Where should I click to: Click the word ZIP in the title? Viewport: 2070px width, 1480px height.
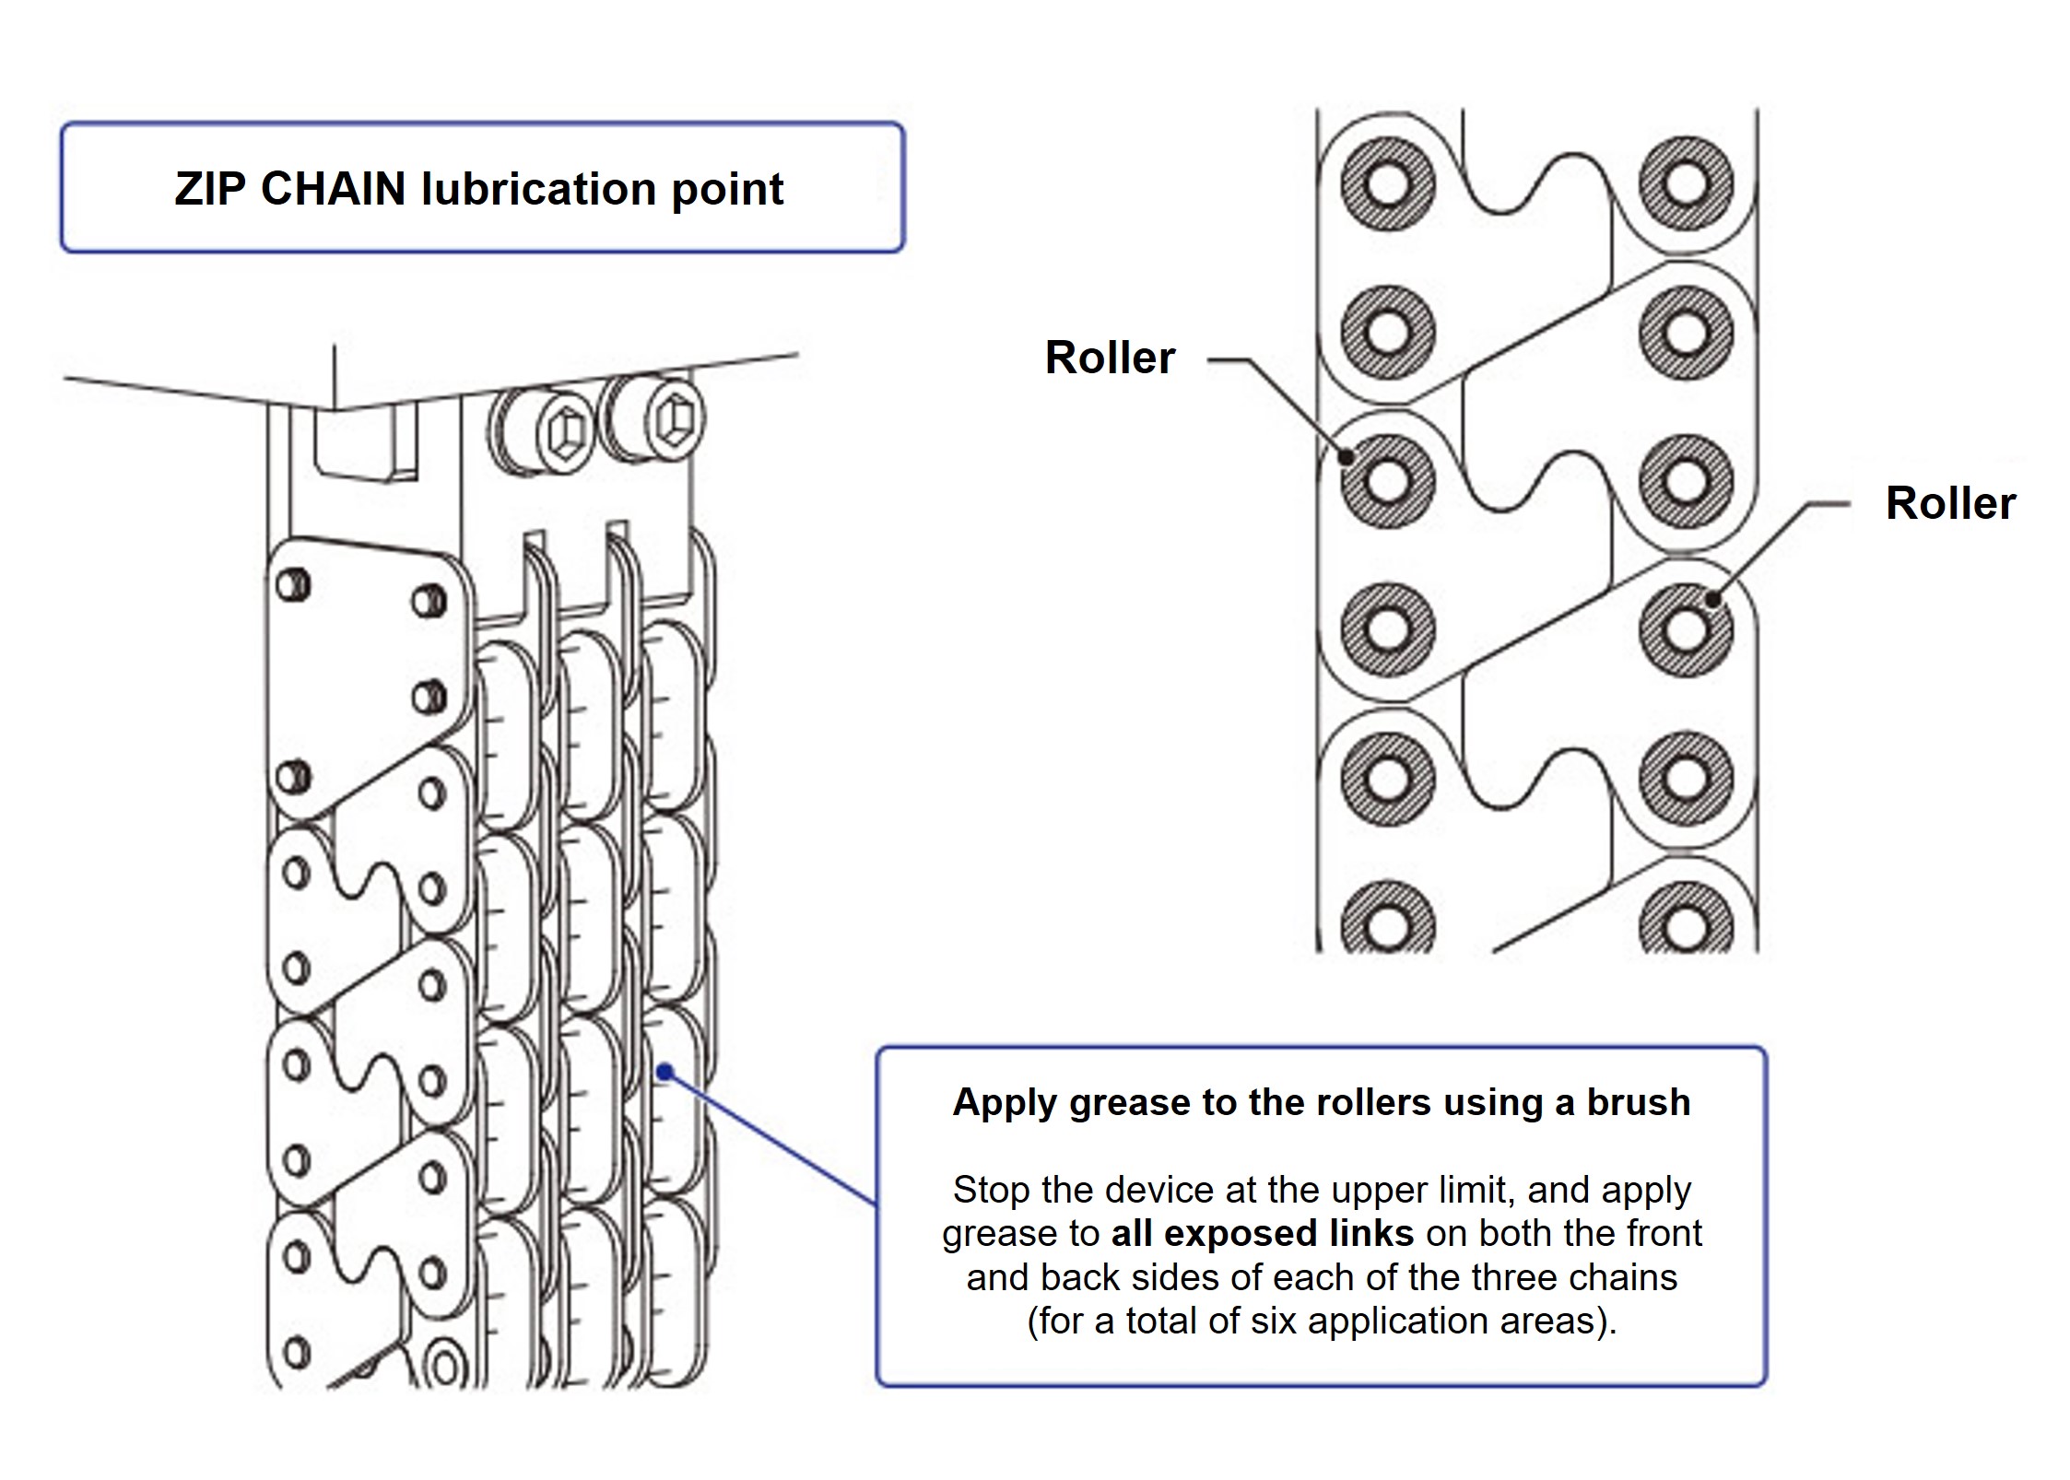pos(211,189)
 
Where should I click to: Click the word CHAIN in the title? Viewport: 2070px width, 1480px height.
pos(335,189)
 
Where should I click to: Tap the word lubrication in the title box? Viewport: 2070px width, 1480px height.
pos(540,191)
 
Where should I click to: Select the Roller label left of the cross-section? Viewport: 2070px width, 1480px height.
pos(1110,358)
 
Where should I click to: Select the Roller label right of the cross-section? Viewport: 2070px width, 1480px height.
pos(1950,503)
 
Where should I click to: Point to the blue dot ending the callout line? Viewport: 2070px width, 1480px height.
pos(665,1072)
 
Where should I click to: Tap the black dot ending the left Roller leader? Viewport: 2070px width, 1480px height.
pos(1347,455)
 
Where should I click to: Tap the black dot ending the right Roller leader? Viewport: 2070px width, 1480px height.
pos(1712,599)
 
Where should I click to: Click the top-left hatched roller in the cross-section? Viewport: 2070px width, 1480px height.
pos(1386,183)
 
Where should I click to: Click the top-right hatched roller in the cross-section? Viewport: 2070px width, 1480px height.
pos(1686,182)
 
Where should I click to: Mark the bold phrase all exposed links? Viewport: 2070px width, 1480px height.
pos(1262,1233)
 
